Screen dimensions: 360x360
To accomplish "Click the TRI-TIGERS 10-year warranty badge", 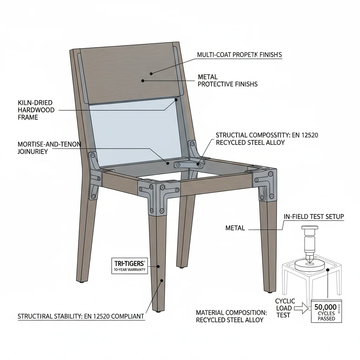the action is [129, 266].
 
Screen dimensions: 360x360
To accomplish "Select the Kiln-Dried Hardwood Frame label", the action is [36, 110].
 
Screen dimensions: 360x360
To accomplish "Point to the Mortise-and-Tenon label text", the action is [49, 148].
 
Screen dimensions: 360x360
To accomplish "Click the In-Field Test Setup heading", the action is [314, 217].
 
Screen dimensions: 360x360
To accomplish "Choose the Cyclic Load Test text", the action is [285, 308].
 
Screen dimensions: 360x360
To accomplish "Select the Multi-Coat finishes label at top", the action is [239, 55].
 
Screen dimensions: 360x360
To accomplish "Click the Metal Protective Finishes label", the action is [227, 81].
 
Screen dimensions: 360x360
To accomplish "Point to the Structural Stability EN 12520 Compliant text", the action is [81, 316].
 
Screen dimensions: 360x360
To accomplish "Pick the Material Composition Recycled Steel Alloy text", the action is [231, 316].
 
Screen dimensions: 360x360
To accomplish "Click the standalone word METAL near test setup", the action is [235, 228].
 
